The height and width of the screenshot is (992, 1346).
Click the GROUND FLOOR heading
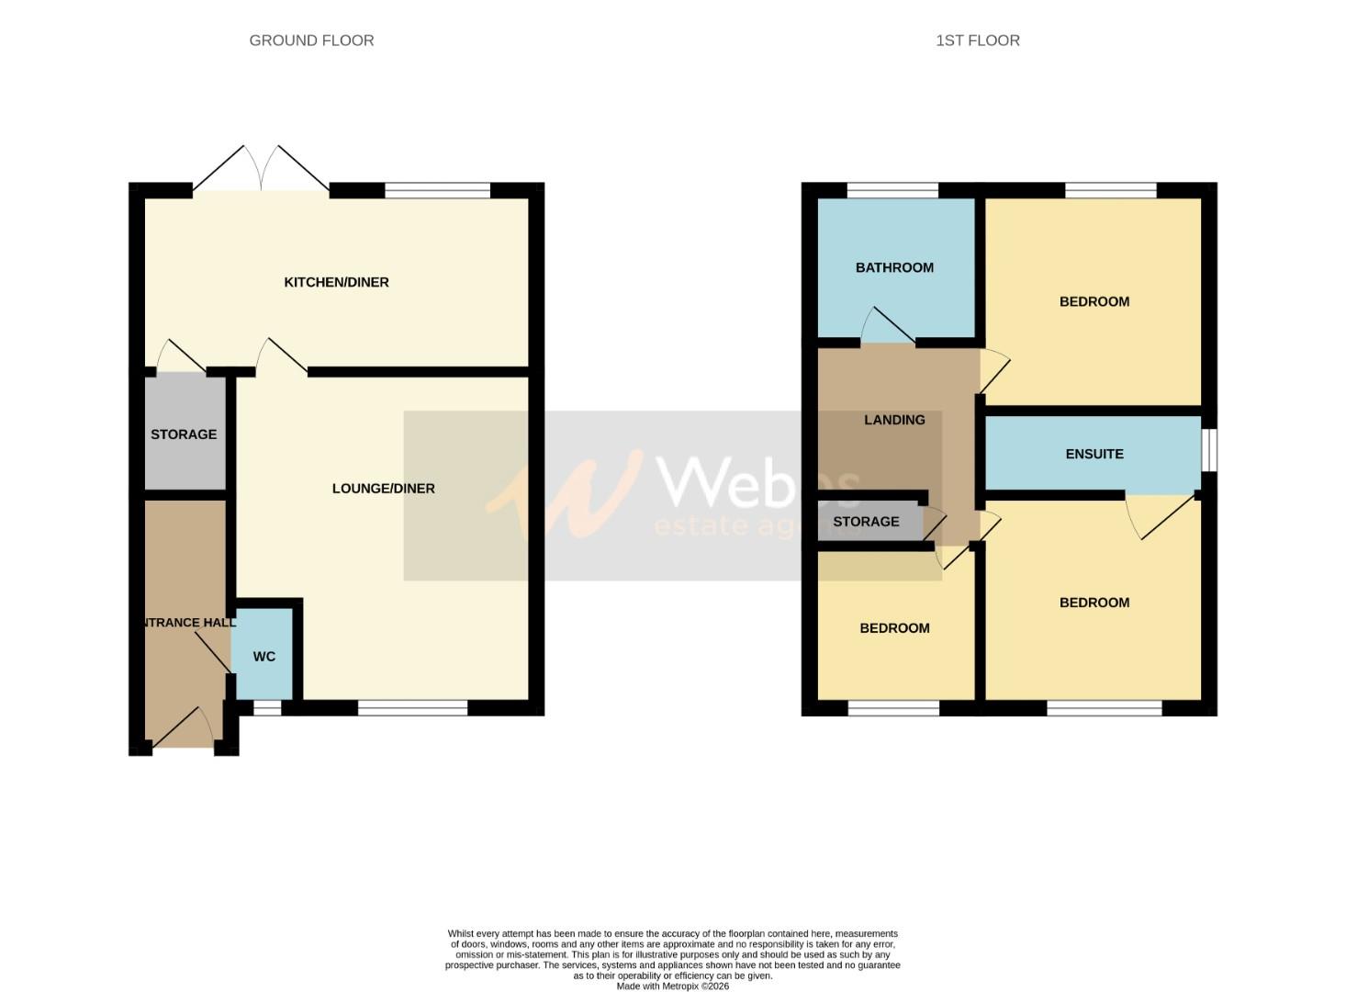[x=311, y=40]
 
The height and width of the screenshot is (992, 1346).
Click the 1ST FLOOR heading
[x=977, y=40]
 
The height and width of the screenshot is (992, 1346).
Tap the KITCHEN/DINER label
[x=336, y=282]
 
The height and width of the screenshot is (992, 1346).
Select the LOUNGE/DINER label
[x=383, y=489]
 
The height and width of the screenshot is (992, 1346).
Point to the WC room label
[x=264, y=657]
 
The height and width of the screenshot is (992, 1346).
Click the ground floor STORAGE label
[x=184, y=434]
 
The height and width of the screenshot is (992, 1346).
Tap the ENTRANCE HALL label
[x=188, y=623]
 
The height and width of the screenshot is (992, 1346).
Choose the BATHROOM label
[x=894, y=267]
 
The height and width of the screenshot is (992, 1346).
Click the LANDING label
[x=894, y=420]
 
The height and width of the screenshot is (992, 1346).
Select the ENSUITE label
[x=1094, y=454]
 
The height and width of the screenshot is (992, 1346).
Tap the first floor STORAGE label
[x=866, y=522]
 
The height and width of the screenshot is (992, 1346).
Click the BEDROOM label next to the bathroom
[x=1094, y=301]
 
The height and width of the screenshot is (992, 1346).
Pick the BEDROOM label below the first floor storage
[x=894, y=628]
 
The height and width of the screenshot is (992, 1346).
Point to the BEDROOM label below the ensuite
[x=1094, y=603]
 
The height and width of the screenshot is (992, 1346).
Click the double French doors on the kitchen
[x=262, y=171]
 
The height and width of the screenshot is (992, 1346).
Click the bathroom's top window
[x=892, y=191]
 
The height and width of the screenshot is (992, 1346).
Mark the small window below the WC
[x=267, y=708]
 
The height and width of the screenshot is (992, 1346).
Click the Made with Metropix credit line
[x=672, y=986]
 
